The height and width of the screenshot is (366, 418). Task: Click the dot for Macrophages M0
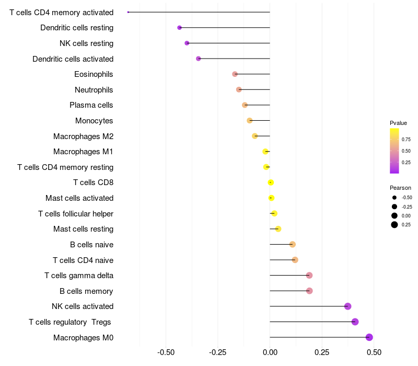[369, 337]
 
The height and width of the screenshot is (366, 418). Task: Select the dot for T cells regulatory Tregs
[355, 322]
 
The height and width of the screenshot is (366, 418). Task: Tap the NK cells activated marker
[348, 306]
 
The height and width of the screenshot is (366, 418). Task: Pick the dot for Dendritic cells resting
[180, 28]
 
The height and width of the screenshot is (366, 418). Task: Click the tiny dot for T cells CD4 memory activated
[128, 12]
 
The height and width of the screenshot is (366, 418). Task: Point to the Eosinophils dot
[235, 74]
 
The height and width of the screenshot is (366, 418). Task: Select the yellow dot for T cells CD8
[271, 182]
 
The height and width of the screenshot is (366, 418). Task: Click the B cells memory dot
[309, 291]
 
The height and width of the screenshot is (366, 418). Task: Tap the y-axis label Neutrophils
[94, 90]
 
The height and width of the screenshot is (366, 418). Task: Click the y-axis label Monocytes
[94, 121]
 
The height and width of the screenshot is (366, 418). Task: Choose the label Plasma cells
[91, 105]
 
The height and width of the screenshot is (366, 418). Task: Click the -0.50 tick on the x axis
[166, 352]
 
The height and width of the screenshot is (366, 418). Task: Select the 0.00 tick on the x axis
[270, 352]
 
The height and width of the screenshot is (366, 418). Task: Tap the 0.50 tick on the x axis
[374, 352]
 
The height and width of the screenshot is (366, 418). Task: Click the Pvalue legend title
[398, 123]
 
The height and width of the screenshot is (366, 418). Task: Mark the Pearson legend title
[400, 188]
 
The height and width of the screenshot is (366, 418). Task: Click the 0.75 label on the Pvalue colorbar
[406, 140]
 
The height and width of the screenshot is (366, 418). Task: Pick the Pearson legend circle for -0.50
[394, 198]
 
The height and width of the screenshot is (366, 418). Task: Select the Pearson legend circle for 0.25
[394, 225]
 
